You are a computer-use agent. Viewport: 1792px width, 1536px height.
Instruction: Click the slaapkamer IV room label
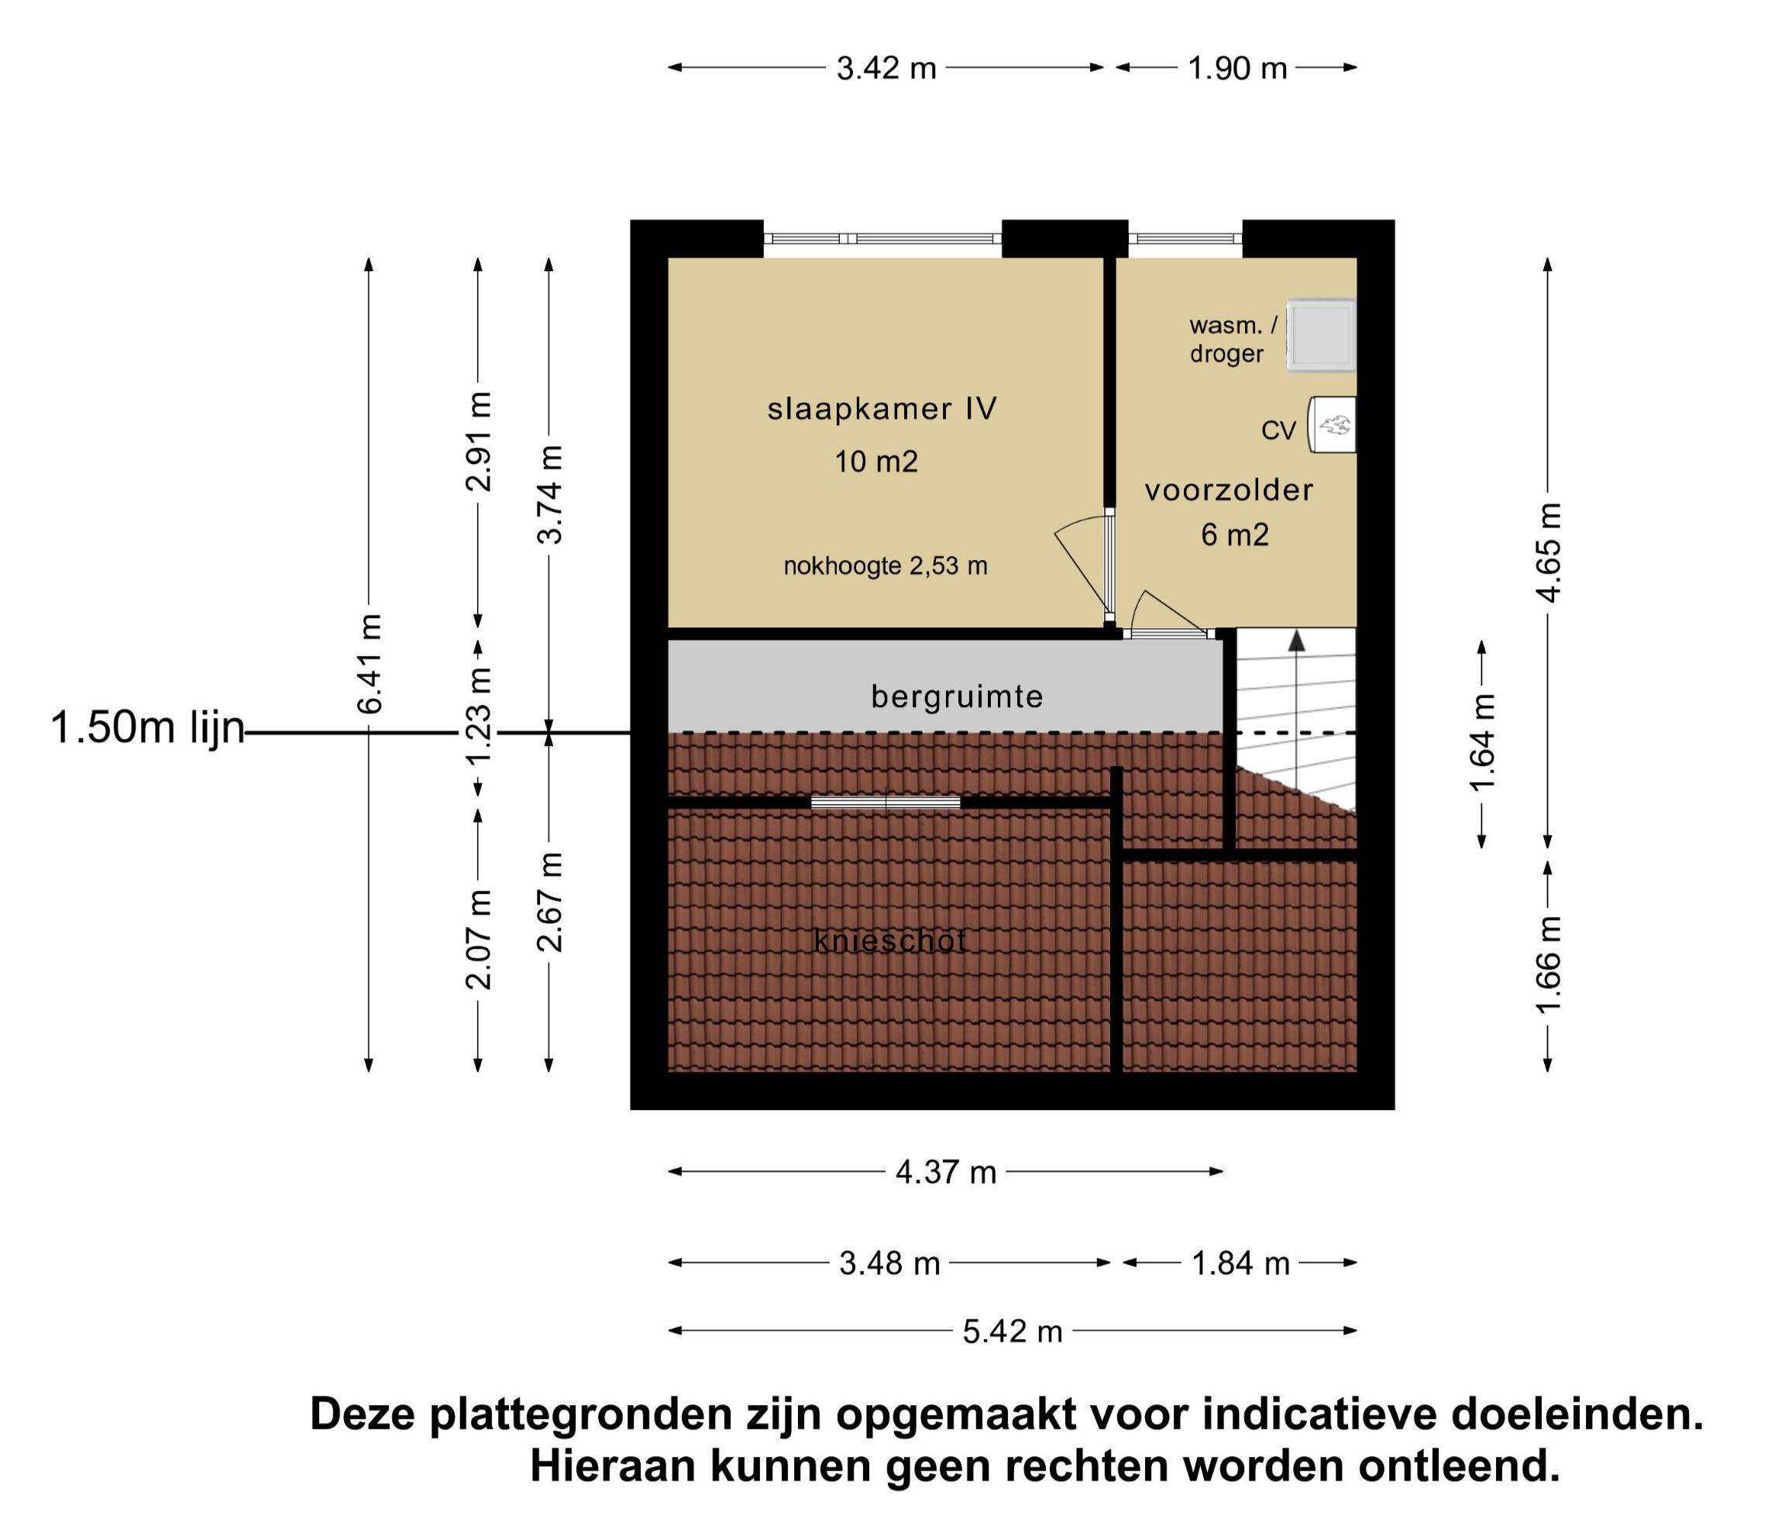[x=882, y=409]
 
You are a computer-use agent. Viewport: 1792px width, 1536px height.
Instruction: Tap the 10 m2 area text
[x=876, y=462]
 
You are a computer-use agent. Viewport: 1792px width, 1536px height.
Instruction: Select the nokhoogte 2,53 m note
[x=886, y=566]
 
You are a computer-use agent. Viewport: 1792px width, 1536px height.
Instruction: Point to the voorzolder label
[x=1229, y=490]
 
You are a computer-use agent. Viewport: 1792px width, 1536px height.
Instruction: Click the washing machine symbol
[x=1321, y=335]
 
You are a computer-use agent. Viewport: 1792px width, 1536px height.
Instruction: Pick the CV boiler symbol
[x=1332, y=424]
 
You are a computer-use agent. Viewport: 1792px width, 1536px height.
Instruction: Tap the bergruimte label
[x=958, y=696]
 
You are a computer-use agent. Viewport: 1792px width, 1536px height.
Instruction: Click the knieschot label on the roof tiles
[x=890, y=941]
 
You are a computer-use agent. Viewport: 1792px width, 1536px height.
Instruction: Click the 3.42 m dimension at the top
[x=886, y=67]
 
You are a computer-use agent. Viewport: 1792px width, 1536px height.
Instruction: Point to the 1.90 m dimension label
[x=1237, y=67]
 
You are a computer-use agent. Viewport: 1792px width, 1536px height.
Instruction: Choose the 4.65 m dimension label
[x=1548, y=552]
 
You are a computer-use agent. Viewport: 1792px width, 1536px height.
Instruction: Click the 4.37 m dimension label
[x=946, y=1173]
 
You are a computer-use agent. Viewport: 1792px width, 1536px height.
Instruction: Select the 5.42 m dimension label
[x=1013, y=1332]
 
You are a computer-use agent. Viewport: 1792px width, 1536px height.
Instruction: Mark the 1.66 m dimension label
[x=1548, y=964]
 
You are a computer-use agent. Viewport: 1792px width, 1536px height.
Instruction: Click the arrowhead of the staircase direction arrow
[x=1295, y=641]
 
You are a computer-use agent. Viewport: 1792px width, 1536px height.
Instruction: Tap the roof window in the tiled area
[x=886, y=802]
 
